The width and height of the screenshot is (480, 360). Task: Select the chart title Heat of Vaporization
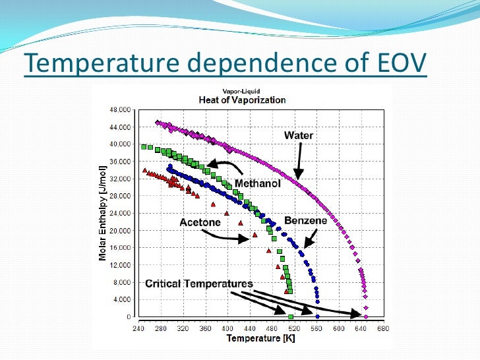243,100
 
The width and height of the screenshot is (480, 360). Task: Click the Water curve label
299,136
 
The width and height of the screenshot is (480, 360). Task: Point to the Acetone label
200,222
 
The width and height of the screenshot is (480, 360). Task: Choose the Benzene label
305,221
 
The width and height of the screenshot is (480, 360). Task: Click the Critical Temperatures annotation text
199,284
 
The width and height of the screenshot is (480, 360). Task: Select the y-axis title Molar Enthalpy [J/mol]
104,212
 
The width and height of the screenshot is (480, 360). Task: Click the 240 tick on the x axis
138,328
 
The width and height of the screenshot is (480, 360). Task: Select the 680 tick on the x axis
383,328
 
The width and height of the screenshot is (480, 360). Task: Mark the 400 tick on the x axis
227,328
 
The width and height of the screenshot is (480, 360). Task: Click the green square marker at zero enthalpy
290,317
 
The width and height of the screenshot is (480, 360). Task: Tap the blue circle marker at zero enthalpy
317,317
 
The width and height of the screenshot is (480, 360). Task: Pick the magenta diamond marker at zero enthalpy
366,317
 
